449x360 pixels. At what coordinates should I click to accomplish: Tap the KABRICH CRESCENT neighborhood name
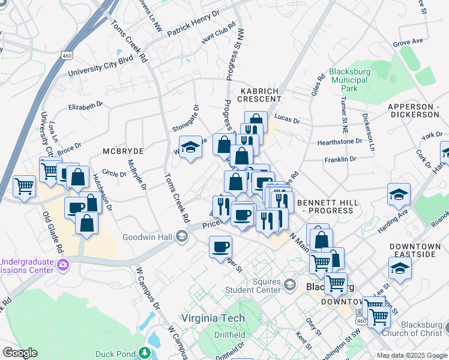coord(259,95)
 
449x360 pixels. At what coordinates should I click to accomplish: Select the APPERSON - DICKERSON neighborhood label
coord(414,110)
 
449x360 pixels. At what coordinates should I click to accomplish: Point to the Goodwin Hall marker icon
coord(181,237)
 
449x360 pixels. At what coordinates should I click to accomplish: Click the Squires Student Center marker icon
coord(291,284)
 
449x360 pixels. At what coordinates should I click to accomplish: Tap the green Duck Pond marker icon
coord(144,352)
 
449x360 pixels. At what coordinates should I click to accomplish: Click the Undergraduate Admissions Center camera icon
coord(62,263)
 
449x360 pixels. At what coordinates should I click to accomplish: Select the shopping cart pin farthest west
coord(24,186)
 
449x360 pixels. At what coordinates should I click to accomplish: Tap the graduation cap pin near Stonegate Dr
coord(190,147)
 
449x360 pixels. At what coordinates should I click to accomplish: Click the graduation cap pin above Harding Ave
coord(399,194)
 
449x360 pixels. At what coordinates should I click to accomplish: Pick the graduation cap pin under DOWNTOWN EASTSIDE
coord(400,268)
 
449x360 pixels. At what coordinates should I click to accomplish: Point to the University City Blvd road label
coord(100,66)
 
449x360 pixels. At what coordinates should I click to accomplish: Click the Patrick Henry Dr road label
coord(194,24)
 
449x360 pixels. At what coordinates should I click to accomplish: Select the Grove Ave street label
coord(408,43)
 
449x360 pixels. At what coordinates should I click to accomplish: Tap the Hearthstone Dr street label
coord(340,142)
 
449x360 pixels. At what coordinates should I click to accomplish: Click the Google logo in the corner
coord(19,353)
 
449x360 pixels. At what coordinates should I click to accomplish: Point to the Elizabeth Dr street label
coord(86,106)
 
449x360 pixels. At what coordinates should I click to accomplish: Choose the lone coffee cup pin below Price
coord(220,246)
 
